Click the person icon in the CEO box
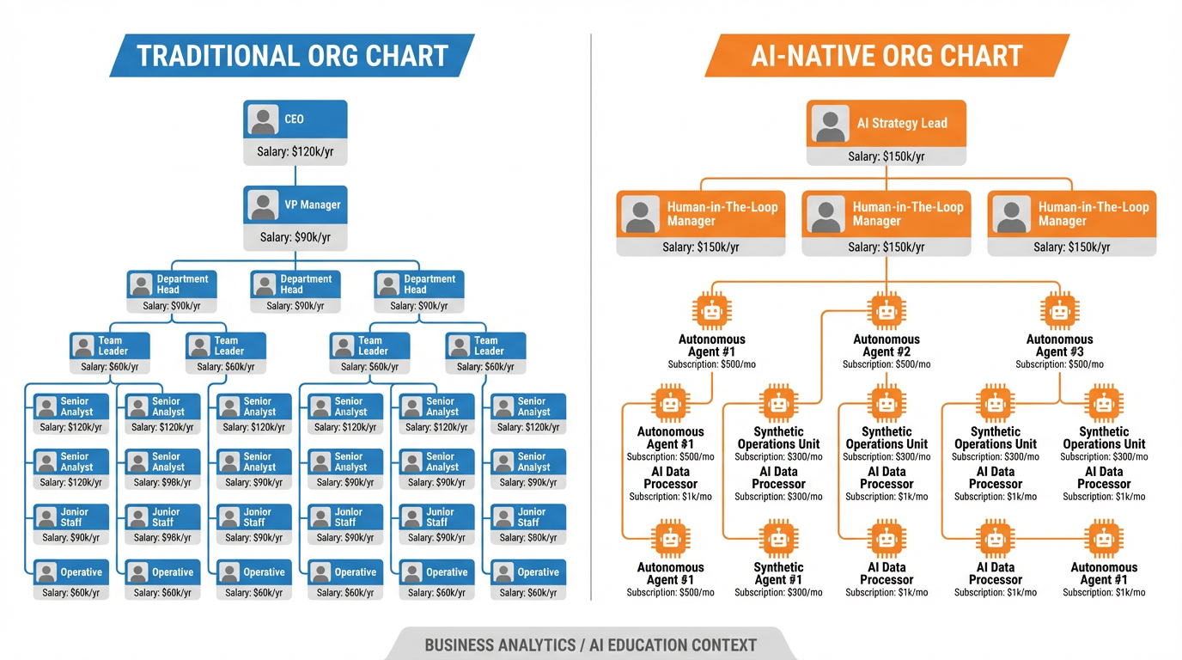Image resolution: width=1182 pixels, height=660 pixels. coord(263,119)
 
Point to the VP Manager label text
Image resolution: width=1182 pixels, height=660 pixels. coord(313,205)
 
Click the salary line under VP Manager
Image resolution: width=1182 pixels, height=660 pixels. coord(295,237)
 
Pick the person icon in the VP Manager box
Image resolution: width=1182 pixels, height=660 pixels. coord(263,205)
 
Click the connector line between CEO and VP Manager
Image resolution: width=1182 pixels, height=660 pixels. coord(295,175)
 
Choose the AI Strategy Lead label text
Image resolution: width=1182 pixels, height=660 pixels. coord(902,123)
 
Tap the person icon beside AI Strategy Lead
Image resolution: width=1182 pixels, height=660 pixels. coord(831,123)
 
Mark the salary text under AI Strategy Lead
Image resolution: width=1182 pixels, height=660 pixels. coord(886,156)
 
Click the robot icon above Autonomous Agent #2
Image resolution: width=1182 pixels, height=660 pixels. coord(886,310)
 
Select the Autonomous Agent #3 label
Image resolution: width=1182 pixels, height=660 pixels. coord(1059,345)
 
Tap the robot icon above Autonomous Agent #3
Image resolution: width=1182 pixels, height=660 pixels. coord(1059,310)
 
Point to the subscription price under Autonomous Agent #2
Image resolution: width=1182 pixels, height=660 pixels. coord(886,364)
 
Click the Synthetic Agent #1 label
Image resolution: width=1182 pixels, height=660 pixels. coord(779,573)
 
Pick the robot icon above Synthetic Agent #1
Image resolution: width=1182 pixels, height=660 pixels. coord(779,538)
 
